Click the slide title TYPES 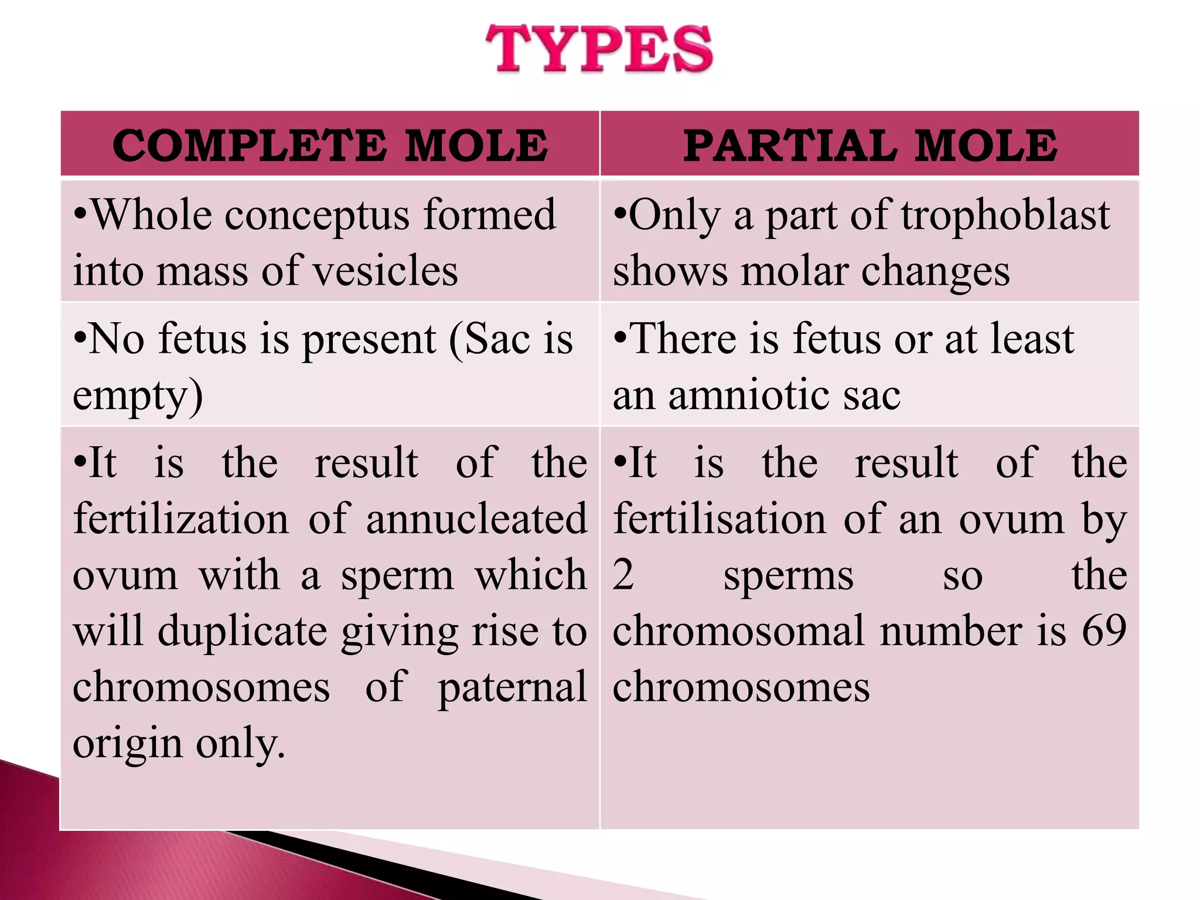click(x=599, y=49)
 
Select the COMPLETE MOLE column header click(x=330, y=145)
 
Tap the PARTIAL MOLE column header click(x=870, y=145)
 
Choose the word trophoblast click(x=1005, y=216)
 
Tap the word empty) click(x=138, y=396)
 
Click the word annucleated click(x=476, y=519)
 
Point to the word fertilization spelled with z click(x=181, y=519)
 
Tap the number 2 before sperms click(x=623, y=574)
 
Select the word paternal click(x=512, y=687)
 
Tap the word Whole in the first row click(x=151, y=215)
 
